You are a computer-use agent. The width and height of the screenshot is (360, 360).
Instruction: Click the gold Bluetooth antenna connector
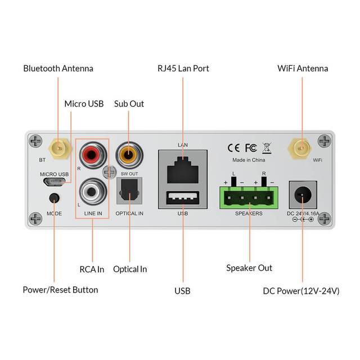(x=57, y=148)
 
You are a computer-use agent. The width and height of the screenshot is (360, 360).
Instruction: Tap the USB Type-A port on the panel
(x=182, y=197)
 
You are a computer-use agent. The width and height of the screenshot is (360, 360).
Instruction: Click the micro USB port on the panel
(x=54, y=183)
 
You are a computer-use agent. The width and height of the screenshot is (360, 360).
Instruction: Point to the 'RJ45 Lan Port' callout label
(x=183, y=69)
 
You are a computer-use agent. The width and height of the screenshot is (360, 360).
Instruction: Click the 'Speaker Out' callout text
(x=249, y=268)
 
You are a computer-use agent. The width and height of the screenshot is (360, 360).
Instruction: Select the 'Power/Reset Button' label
(x=60, y=290)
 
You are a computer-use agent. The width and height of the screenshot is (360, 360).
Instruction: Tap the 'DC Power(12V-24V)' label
(x=301, y=291)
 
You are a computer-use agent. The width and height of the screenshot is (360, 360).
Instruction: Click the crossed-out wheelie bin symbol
(x=267, y=148)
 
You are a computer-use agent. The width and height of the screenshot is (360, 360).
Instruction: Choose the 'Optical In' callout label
(x=130, y=269)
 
